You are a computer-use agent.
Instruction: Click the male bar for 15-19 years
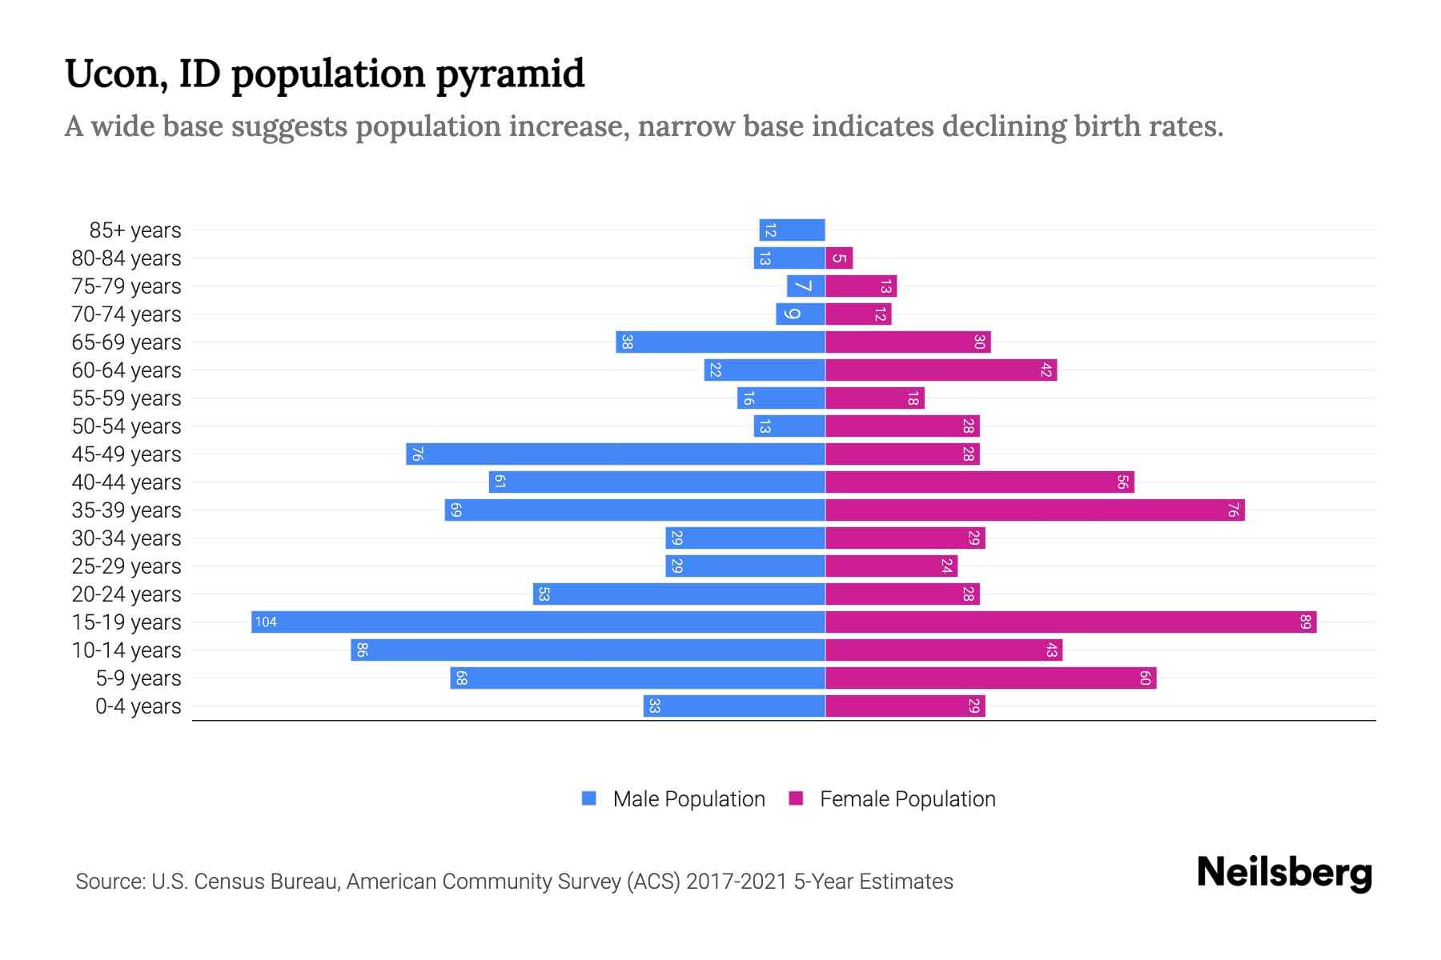[x=538, y=622]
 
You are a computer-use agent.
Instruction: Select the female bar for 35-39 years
[x=1034, y=510]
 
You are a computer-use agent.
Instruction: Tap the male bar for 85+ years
[x=792, y=230]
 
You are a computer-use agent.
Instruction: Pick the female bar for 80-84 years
[x=839, y=258]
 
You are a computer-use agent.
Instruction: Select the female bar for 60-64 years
[x=941, y=370]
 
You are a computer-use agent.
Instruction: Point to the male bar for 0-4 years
[x=734, y=706]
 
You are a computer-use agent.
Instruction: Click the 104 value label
[x=266, y=622]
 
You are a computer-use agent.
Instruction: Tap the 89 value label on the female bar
[x=1306, y=622]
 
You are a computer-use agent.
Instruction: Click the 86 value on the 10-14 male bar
[x=362, y=650]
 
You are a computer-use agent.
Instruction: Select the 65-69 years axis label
[x=126, y=342]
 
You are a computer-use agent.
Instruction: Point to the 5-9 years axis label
[x=138, y=678]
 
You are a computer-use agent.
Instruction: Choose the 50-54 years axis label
[x=126, y=426]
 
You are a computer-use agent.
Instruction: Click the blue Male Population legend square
[x=589, y=798]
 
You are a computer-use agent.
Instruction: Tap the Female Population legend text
[x=907, y=799]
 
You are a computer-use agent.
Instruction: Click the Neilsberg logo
[x=1284, y=873]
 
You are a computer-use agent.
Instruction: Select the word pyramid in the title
[x=510, y=74]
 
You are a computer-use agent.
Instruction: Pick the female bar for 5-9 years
[x=990, y=678]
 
